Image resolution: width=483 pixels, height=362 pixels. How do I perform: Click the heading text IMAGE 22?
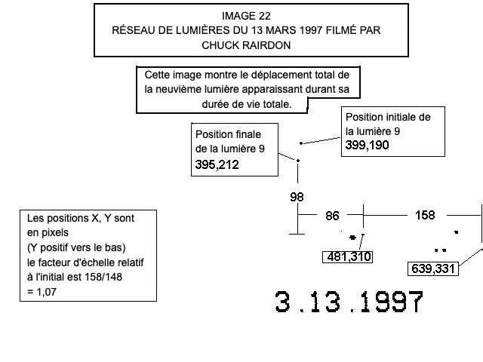pos(246,16)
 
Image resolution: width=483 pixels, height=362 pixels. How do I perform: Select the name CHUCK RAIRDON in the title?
pos(246,44)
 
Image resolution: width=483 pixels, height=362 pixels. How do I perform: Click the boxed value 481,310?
pos(348,257)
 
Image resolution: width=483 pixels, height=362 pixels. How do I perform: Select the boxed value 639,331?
pos(433,268)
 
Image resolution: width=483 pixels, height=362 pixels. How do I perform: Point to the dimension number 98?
pos(297,197)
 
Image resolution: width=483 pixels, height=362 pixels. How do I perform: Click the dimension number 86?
pos(332,216)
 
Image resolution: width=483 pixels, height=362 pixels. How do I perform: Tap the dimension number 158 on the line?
pos(425,215)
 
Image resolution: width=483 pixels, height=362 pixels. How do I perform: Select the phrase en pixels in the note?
pos(45,232)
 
